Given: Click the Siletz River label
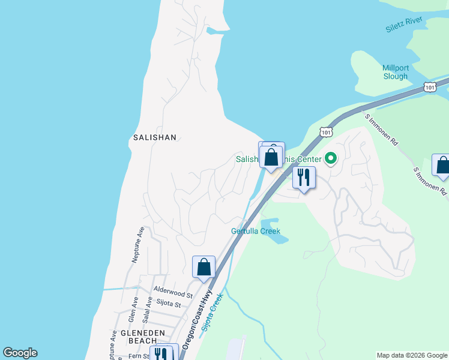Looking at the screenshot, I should point(405,25).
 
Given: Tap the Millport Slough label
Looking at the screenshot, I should point(395,72).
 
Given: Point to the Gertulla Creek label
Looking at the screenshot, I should point(256,231).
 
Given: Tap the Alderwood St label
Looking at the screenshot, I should point(172,294).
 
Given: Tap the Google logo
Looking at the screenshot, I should point(20,353).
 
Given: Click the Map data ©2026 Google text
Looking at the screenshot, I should point(411,355).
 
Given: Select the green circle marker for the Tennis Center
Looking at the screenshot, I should point(330,159).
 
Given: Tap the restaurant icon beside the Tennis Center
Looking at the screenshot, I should point(304,178).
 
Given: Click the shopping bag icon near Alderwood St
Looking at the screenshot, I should point(203,267).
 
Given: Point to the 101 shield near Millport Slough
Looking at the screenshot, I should point(429,88).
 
